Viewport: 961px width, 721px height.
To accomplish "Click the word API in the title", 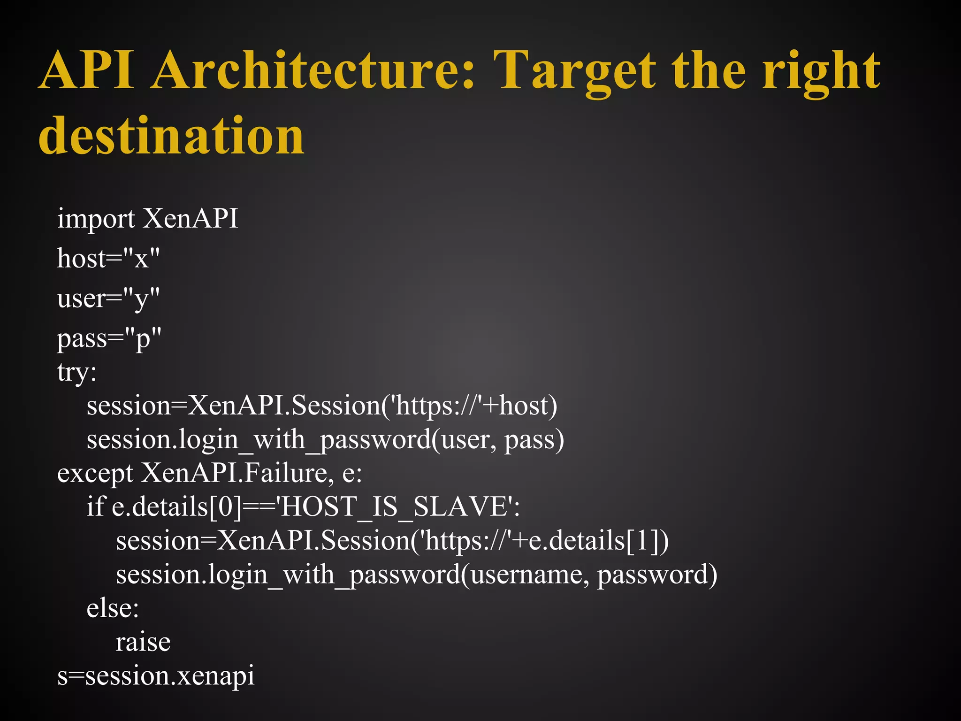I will point(87,70).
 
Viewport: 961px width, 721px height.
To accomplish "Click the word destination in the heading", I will point(172,136).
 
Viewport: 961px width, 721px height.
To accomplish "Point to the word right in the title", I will point(821,70).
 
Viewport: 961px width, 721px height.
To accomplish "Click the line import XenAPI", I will point(148,219).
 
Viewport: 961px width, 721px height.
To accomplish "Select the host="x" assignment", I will point(108,258).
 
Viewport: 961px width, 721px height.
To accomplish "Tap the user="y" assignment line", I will point(108,299).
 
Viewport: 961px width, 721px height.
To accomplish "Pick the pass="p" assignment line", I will point(109,338).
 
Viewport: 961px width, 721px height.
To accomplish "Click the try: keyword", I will point(77,373).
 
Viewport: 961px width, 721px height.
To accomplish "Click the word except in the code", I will point(95,474).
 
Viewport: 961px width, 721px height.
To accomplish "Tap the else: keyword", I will point(113,609).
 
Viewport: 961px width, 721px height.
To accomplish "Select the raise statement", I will point(143,643).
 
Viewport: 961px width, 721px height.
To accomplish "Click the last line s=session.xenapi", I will point(156,676).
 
